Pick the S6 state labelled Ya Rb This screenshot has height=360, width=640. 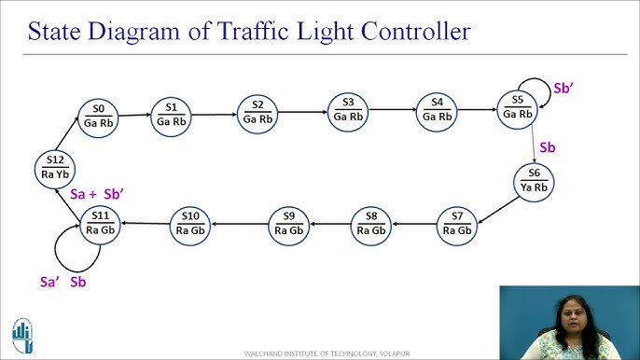(x=534, y=179)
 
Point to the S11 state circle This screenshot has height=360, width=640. (x=100, y=224)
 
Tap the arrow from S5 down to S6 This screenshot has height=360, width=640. (x=533, y=145)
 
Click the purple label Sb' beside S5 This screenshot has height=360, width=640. (x=564, y=89)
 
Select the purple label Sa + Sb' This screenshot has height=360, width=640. (x=98, y=194)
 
